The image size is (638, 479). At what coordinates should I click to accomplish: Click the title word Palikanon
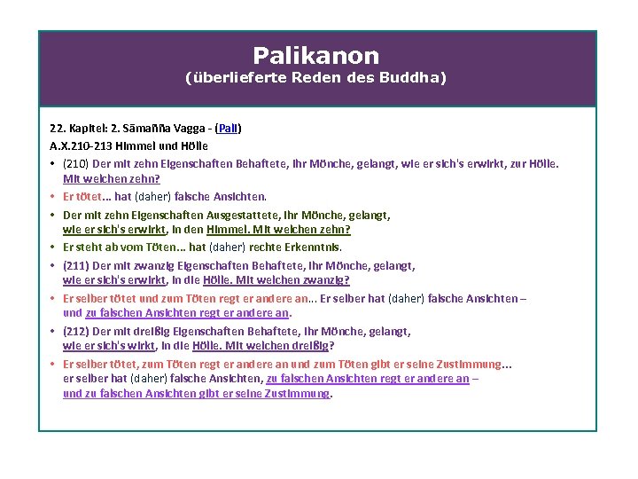coord(315,56)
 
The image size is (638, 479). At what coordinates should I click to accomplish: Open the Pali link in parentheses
coord(229,129)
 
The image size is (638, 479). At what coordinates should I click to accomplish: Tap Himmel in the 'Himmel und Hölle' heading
coord(145,145)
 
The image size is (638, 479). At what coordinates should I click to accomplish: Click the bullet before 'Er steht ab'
coord(54,247)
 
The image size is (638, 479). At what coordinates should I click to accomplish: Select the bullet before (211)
coord(54,264)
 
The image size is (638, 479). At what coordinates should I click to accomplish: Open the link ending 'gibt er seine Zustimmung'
coord(197,394)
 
